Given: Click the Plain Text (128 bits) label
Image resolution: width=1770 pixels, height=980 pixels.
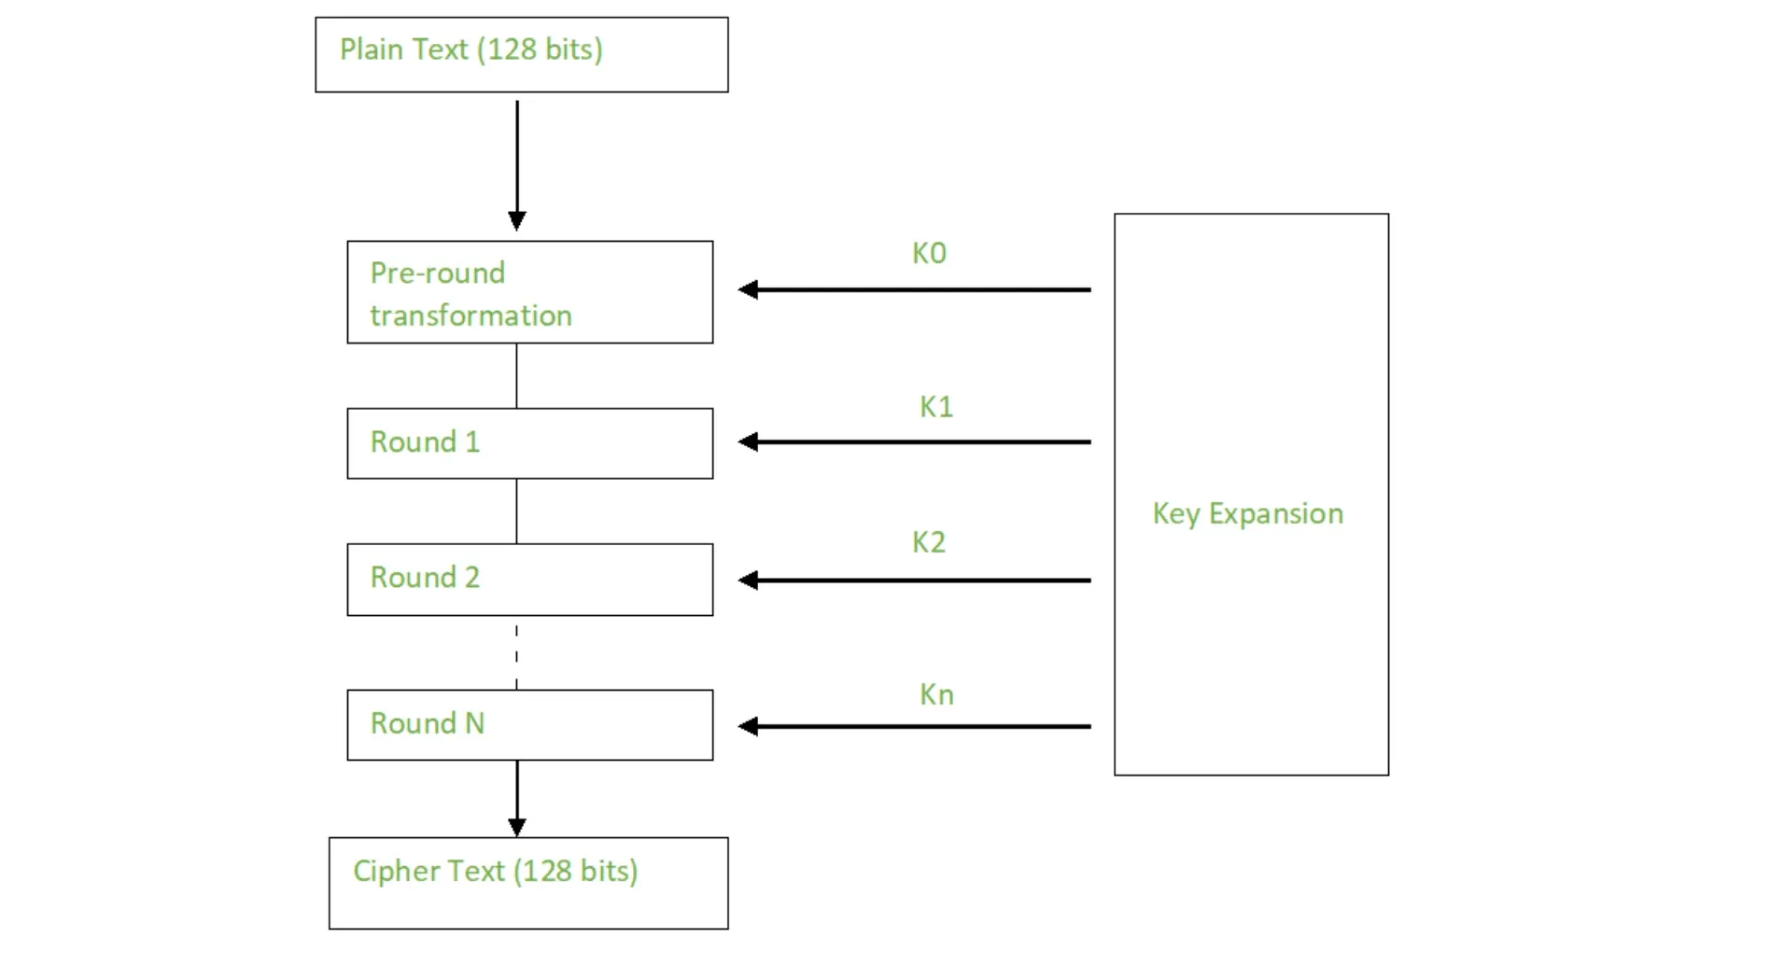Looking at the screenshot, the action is click(471, 49).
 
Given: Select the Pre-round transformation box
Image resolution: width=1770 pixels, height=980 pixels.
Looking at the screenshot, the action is click(530, 292).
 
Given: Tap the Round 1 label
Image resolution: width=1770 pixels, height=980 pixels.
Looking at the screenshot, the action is click(425, 441).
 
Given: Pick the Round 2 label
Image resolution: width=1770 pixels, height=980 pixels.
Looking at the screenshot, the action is click(425, 577).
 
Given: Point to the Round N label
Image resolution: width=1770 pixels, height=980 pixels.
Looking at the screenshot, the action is click(428, 723).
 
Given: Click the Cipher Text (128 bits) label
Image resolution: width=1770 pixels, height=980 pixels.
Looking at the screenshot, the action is click(496, 871).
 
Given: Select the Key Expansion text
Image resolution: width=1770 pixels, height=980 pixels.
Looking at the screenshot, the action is click(1248, 513).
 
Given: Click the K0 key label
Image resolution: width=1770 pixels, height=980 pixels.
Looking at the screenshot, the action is click(929, 253).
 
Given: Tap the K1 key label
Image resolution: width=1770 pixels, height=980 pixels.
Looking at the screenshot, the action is click(936, 407).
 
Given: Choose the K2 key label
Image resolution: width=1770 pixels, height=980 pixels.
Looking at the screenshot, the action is click(929, 542).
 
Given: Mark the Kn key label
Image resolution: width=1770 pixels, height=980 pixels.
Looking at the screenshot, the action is click(936, 694).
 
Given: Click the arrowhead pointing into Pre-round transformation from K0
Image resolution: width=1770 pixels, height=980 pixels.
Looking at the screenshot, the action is click(748, 290).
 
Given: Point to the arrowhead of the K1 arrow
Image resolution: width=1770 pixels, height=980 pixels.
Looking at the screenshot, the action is click(748, 442).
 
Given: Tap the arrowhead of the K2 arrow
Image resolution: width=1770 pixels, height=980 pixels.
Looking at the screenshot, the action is click(748, 581).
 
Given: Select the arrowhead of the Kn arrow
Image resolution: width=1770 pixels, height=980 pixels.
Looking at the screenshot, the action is click(748, 726).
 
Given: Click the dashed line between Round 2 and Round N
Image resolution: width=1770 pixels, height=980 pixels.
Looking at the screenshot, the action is click(516, 653).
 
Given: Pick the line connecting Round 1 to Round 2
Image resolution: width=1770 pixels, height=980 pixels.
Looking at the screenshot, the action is click(516, 511).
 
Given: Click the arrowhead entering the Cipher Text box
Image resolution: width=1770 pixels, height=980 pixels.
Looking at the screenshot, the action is click(517, 827).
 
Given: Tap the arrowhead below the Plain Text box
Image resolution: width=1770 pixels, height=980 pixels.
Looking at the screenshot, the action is click(517, 221).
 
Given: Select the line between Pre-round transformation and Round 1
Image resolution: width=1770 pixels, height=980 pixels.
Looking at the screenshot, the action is click(516, 376).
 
